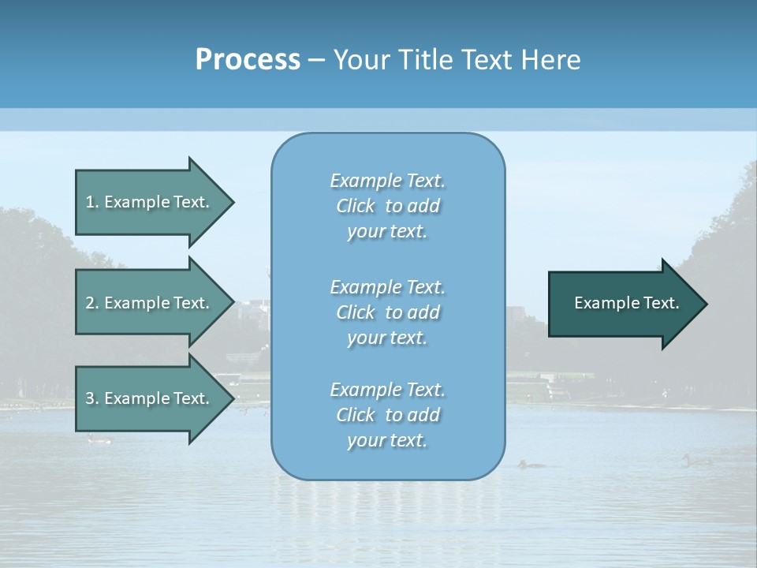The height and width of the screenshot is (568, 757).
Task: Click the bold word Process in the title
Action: tap(248, 60)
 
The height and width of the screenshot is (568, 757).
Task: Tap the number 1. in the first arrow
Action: tap(91, 202)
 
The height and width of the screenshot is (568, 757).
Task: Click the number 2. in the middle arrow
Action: tap(91, 303)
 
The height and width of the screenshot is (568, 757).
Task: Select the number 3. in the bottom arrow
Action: tap(91, 398)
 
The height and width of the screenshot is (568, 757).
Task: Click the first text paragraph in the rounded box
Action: tap(387, 206)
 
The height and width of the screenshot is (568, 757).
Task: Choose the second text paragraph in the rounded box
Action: tap(387, 312)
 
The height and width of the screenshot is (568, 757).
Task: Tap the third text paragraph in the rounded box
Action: tap(387, 415)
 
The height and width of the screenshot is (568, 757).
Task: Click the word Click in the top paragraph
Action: tap(356, 206)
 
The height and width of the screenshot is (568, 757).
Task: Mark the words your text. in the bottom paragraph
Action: tap(387, 440)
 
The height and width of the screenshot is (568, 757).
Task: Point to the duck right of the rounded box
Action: tap(531, 464)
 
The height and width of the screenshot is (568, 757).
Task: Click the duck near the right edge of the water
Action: tap(694, 460)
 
